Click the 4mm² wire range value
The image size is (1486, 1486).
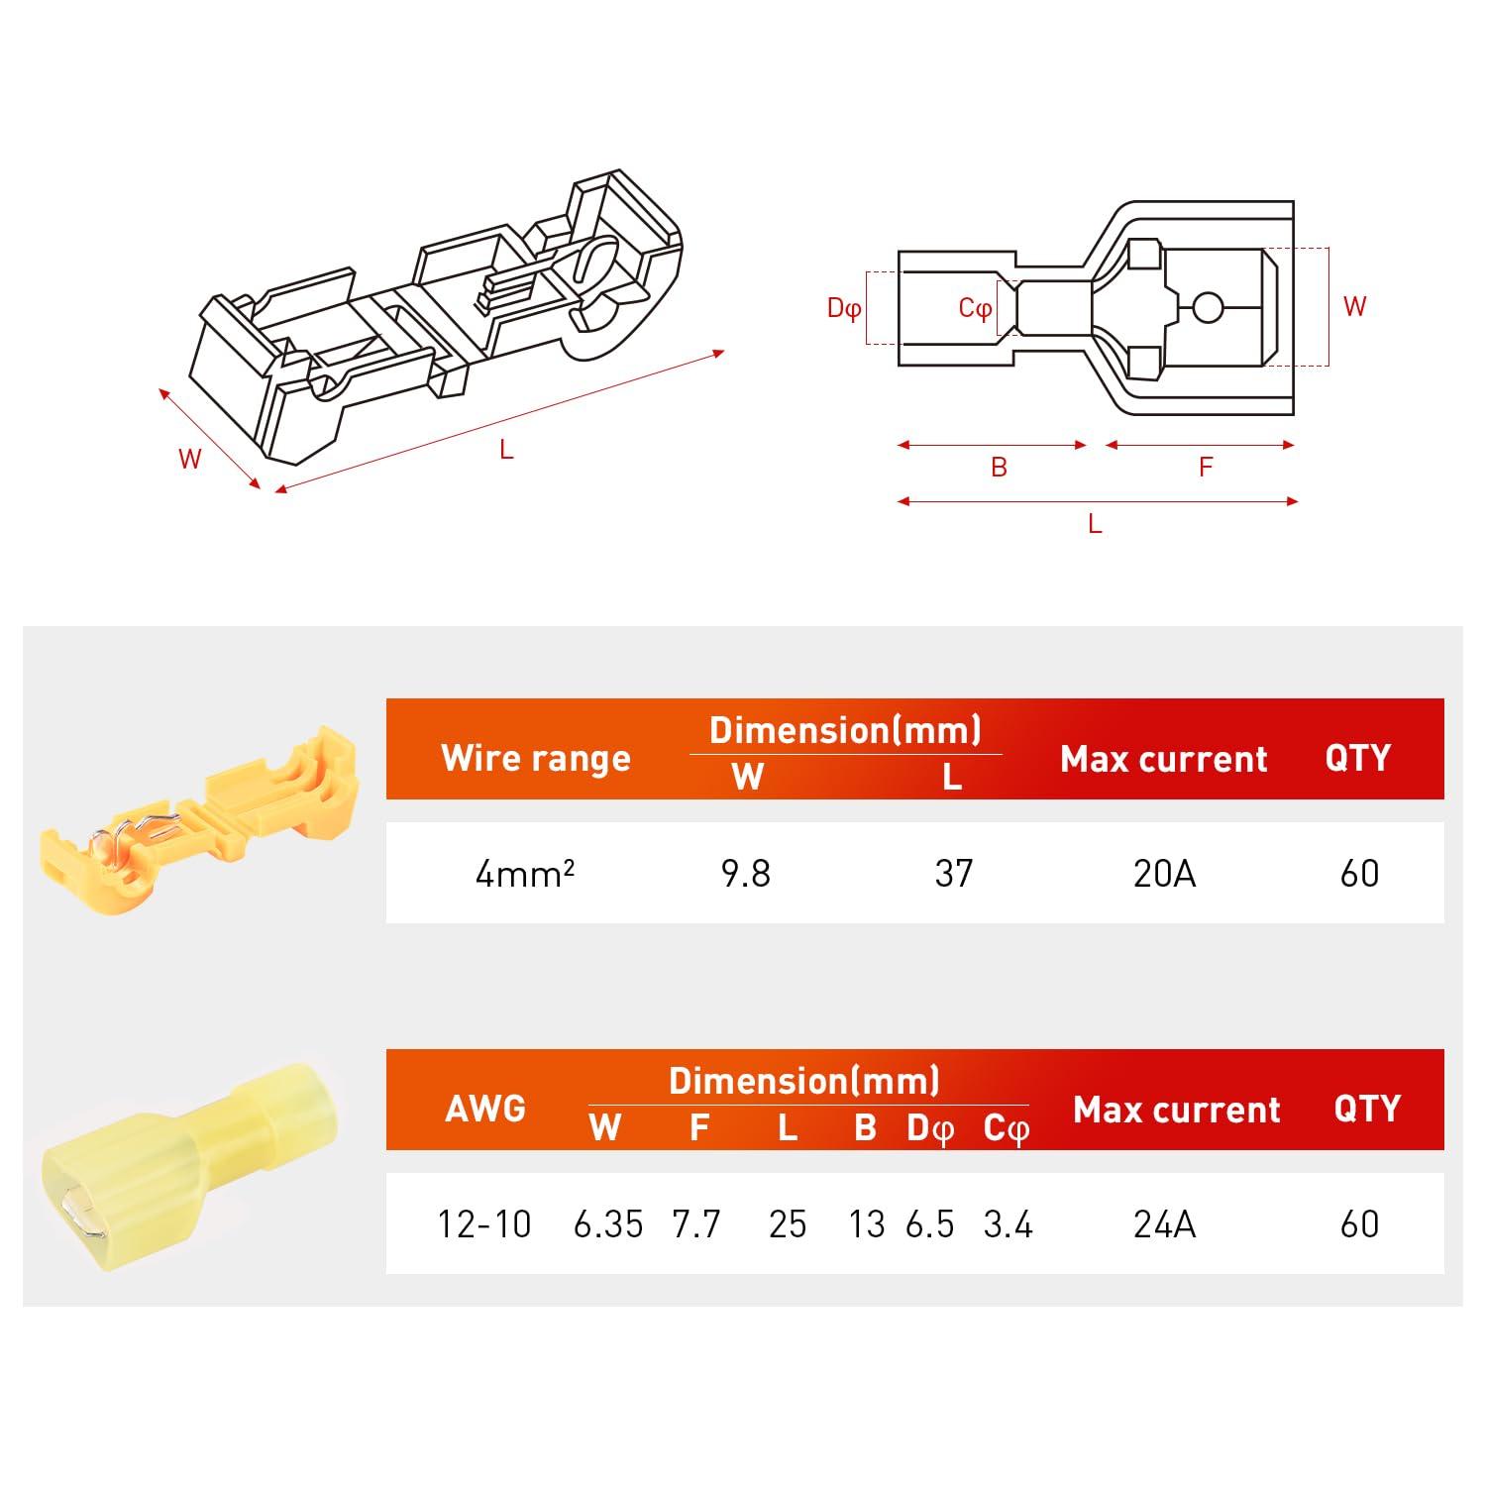tap(524, 873)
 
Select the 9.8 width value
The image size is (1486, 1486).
tap(745, 873)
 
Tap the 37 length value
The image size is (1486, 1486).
tap(953, 873)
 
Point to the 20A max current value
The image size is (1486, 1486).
tap(1164, 873)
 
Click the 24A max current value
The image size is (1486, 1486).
tap(1164, 1224)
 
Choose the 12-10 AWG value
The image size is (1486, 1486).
tap(484, 1224)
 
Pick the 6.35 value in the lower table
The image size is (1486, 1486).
tap(607, 1224)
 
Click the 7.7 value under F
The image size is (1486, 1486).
tap(695, 1224)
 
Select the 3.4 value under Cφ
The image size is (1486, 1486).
tap(1008, 1224)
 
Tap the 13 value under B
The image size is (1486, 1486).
tap(866, 1224)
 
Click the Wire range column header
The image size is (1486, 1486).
tap(535, 758)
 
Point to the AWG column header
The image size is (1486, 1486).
tap(484, 1108)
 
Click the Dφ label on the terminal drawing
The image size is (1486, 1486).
tap(844, 308)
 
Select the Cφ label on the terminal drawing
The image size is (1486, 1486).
tap(975, 308)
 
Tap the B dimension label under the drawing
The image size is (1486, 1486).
tap(999, 467)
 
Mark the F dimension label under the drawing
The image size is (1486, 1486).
tap(1205, 467)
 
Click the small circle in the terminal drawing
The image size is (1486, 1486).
tap(1207, 308)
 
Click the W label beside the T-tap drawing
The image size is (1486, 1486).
tap(189, 459)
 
